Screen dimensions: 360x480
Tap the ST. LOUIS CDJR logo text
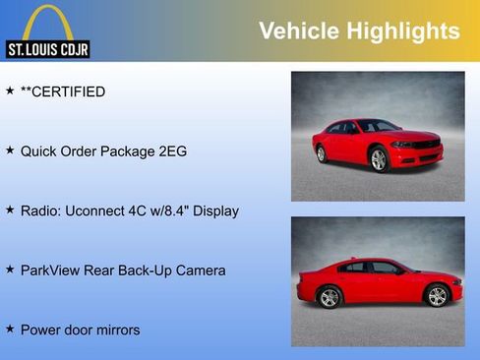[x=47, y=49]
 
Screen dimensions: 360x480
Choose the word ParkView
[x=53, y=270]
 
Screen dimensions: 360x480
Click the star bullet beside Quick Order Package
[x=10, y=150]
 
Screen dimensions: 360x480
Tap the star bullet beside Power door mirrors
[x=10, y=329]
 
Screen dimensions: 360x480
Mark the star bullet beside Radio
[x=10, y=210]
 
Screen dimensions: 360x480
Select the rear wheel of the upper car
[x=321, y=153]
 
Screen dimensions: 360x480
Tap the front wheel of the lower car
[x=437, y=296]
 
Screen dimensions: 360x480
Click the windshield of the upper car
[x=379, y=126]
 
